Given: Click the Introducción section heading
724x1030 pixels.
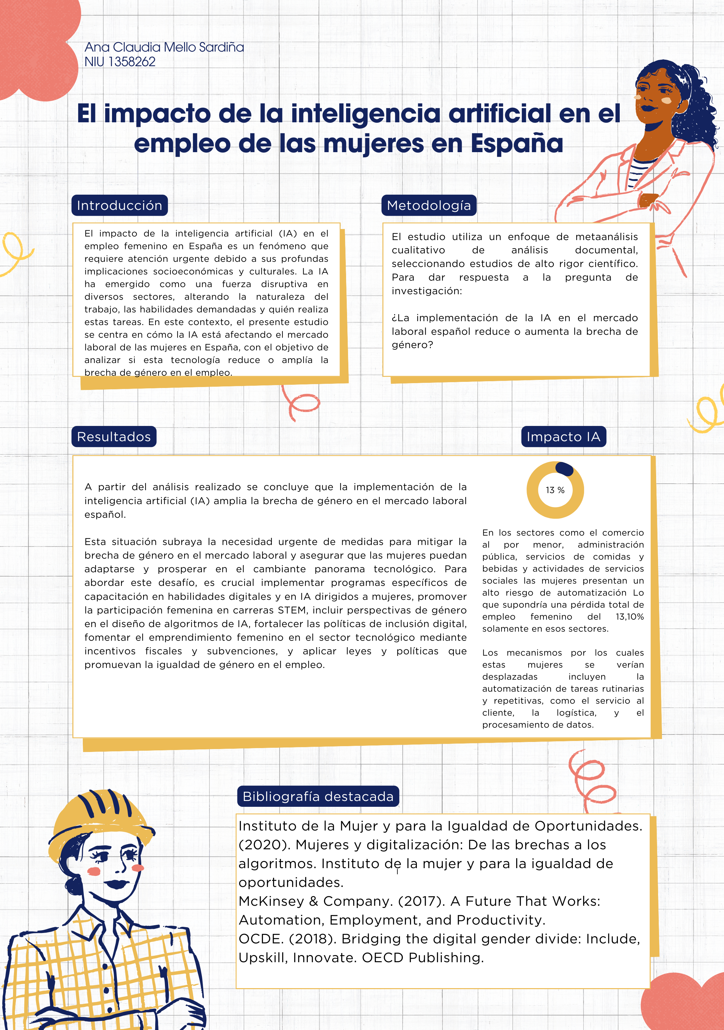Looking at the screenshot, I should [119, 205].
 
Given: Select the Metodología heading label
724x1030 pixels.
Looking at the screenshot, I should [429, 205].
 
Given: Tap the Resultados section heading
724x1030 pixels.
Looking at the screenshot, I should [114, 437].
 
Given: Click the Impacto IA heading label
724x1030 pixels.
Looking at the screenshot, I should [563, 437].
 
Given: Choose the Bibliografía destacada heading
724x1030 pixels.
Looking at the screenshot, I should [318, 796].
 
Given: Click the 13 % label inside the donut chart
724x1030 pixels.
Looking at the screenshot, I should [555, 490].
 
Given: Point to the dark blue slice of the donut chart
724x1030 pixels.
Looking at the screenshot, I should [565, 469].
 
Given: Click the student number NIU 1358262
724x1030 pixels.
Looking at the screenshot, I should [120, 62].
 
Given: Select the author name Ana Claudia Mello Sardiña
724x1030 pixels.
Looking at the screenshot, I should [164, 47].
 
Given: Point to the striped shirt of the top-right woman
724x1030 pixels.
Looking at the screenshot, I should [639, 173].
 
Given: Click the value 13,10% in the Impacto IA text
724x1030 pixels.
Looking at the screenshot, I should [630, 617].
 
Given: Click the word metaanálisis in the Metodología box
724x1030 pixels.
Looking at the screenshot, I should [606, 236].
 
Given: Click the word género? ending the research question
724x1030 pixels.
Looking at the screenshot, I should [412, 345].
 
